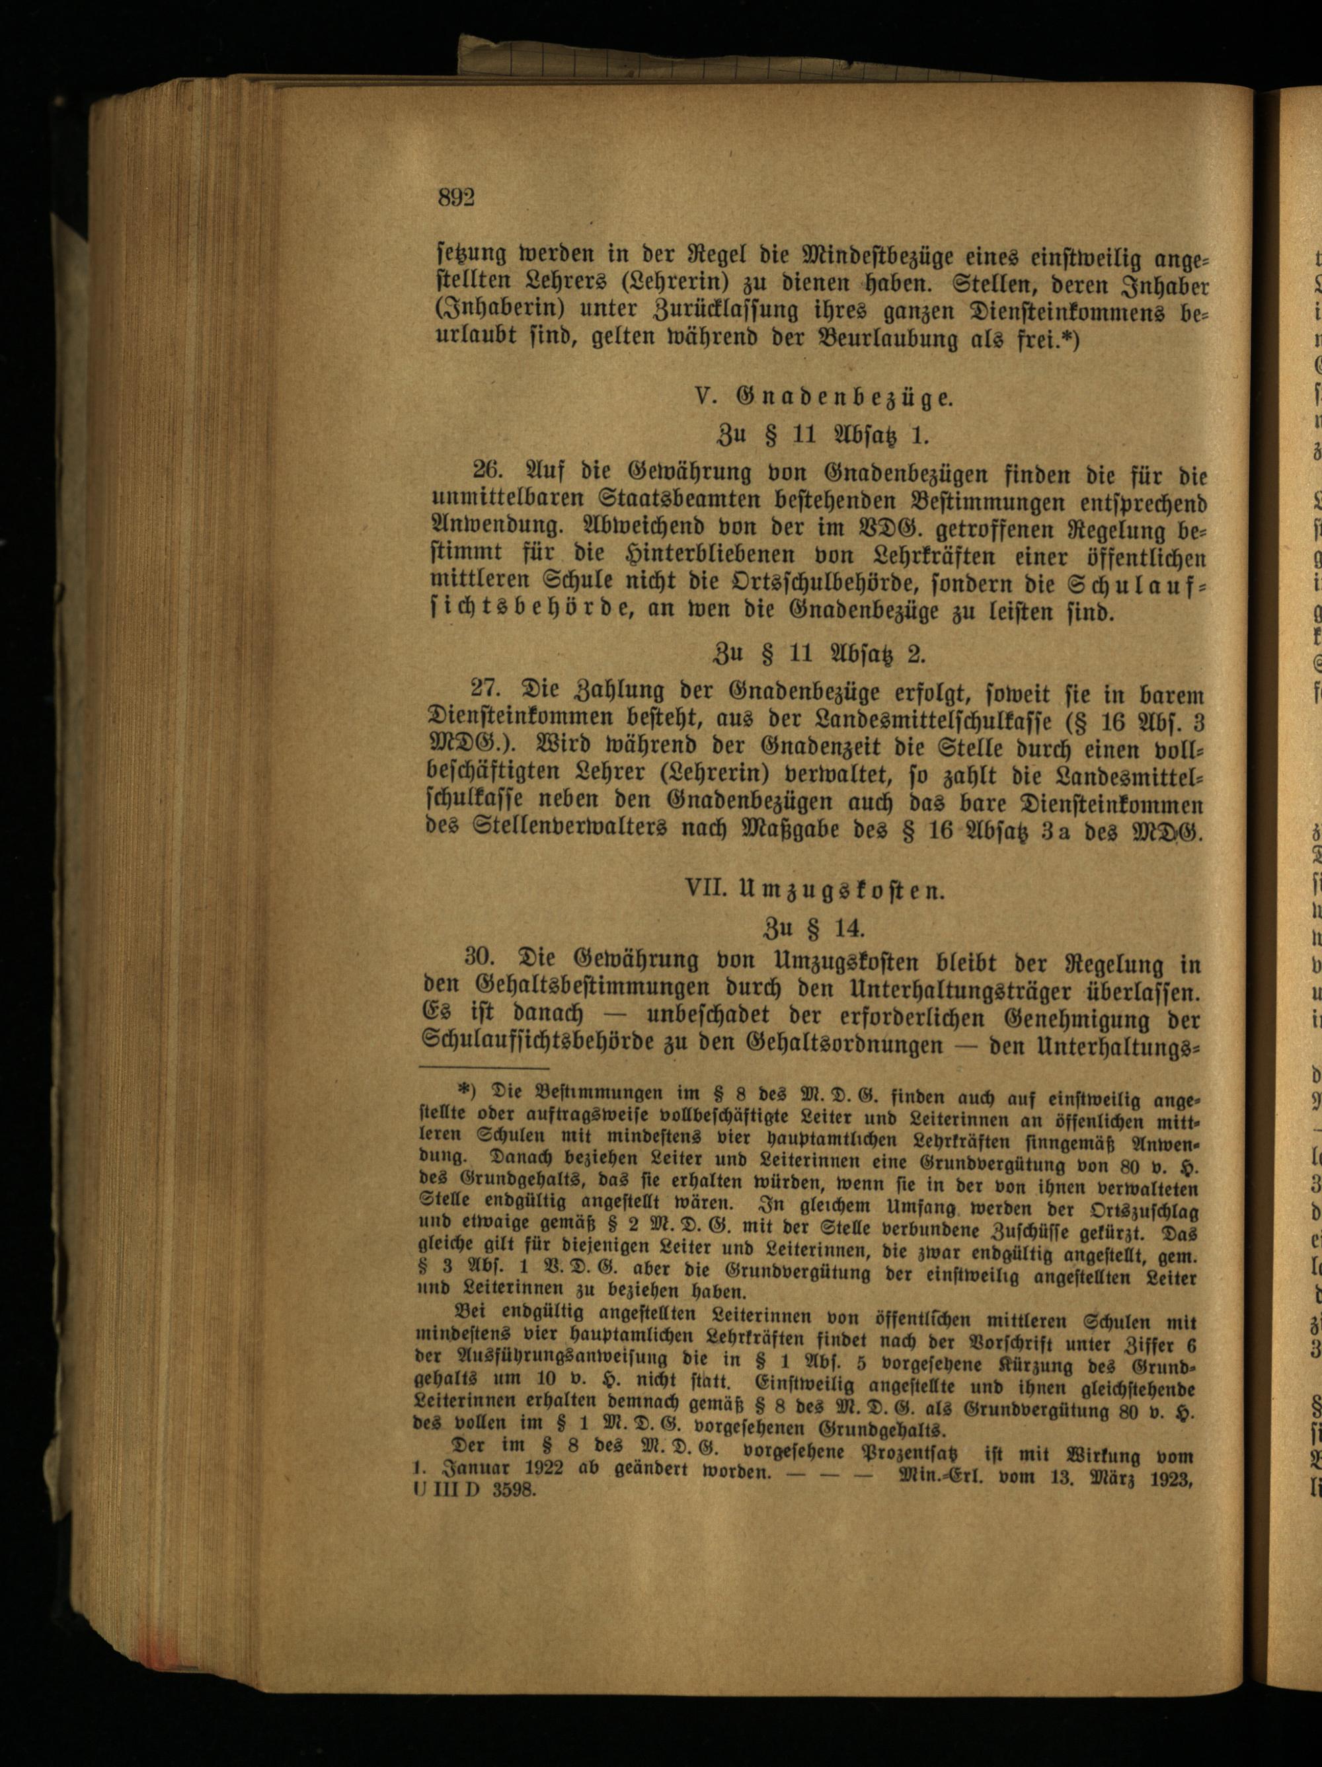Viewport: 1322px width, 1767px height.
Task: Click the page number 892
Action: pos(456,196)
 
